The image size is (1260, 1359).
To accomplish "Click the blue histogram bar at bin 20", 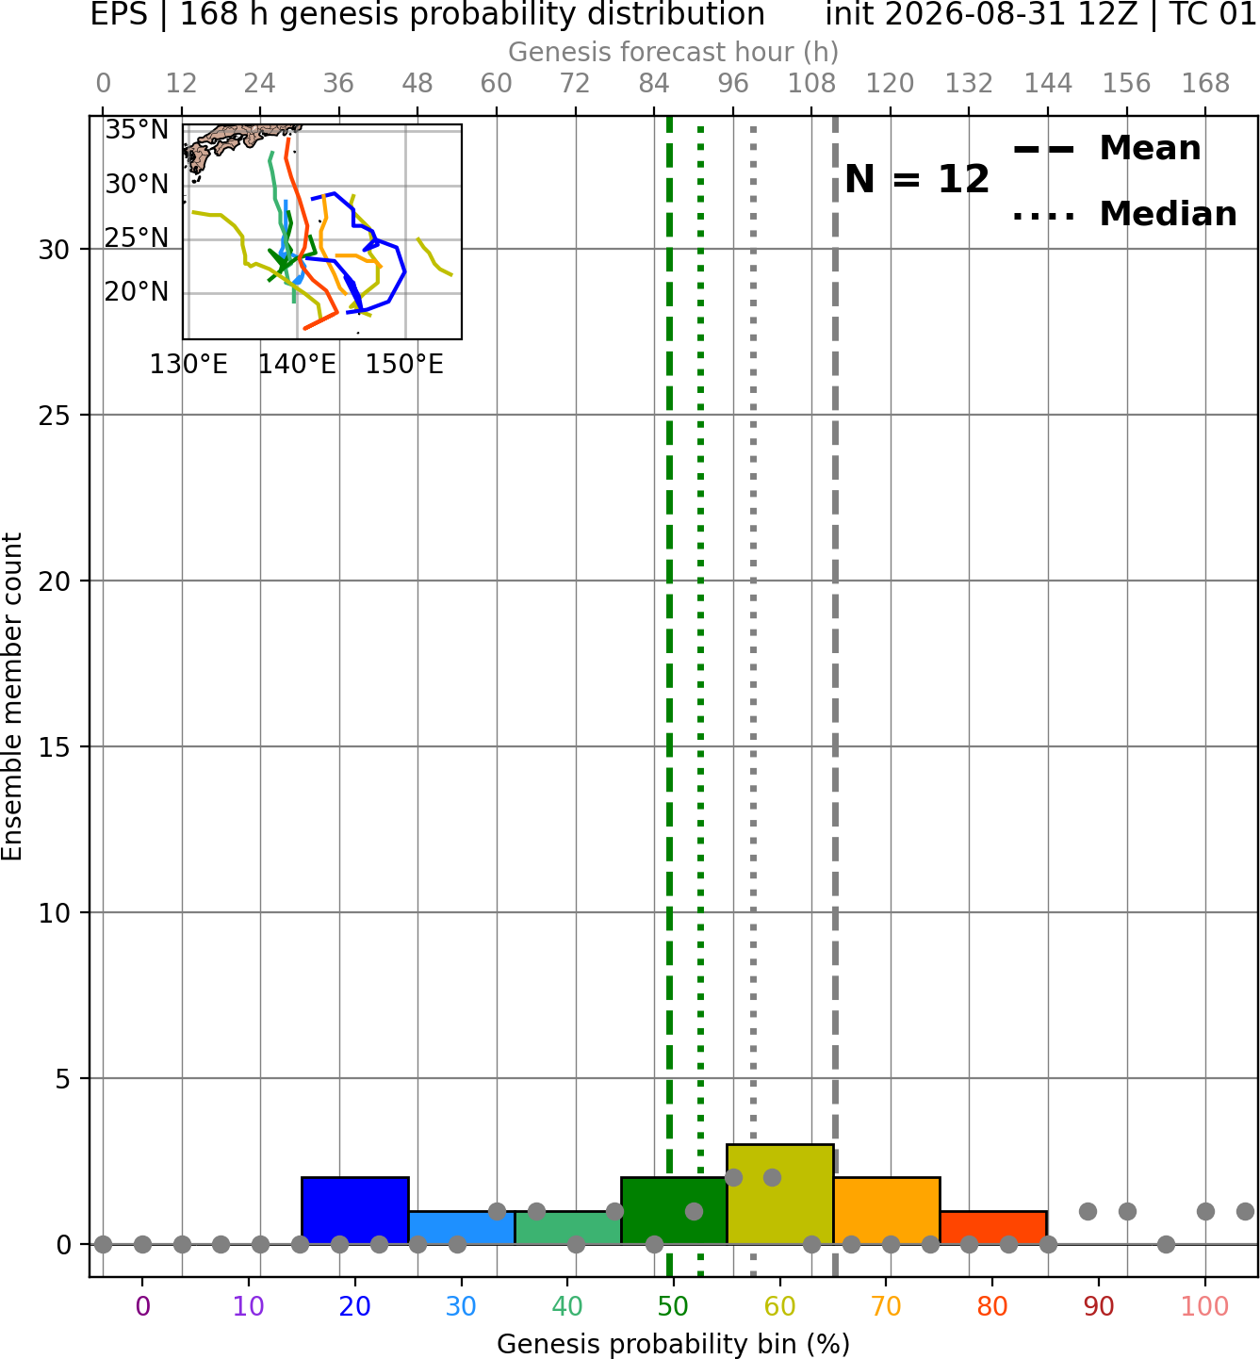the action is pos(355,1210).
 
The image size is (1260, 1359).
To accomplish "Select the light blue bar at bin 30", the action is pos(462,1228).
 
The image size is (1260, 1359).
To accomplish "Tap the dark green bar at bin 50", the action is pos(674,1210).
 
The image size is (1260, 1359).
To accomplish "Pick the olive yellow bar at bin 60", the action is pos(780,1194).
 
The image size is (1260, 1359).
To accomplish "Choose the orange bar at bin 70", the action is pos(887,1210).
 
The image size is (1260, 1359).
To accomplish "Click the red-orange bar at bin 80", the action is pos(993,1228).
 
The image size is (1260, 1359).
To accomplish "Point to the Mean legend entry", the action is pos(1107,149).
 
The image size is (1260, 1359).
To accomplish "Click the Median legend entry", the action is pos(1125,214).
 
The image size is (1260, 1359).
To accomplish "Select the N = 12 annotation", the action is pos(917,179).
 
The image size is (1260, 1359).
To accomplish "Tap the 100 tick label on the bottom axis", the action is pos(1205,1306).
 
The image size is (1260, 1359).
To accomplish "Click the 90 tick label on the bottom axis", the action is pos(1099,1306).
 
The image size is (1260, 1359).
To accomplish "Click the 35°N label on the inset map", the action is pos(137,129).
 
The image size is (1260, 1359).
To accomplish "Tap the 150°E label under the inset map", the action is pos(404,364).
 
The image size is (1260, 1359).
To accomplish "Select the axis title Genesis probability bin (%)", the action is pos(674,1344).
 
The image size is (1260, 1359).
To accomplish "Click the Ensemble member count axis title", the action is pos(11,696).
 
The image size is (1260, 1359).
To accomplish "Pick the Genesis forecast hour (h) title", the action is pos(674,52).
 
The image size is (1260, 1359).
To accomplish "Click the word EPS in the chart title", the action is pos(119,14).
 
